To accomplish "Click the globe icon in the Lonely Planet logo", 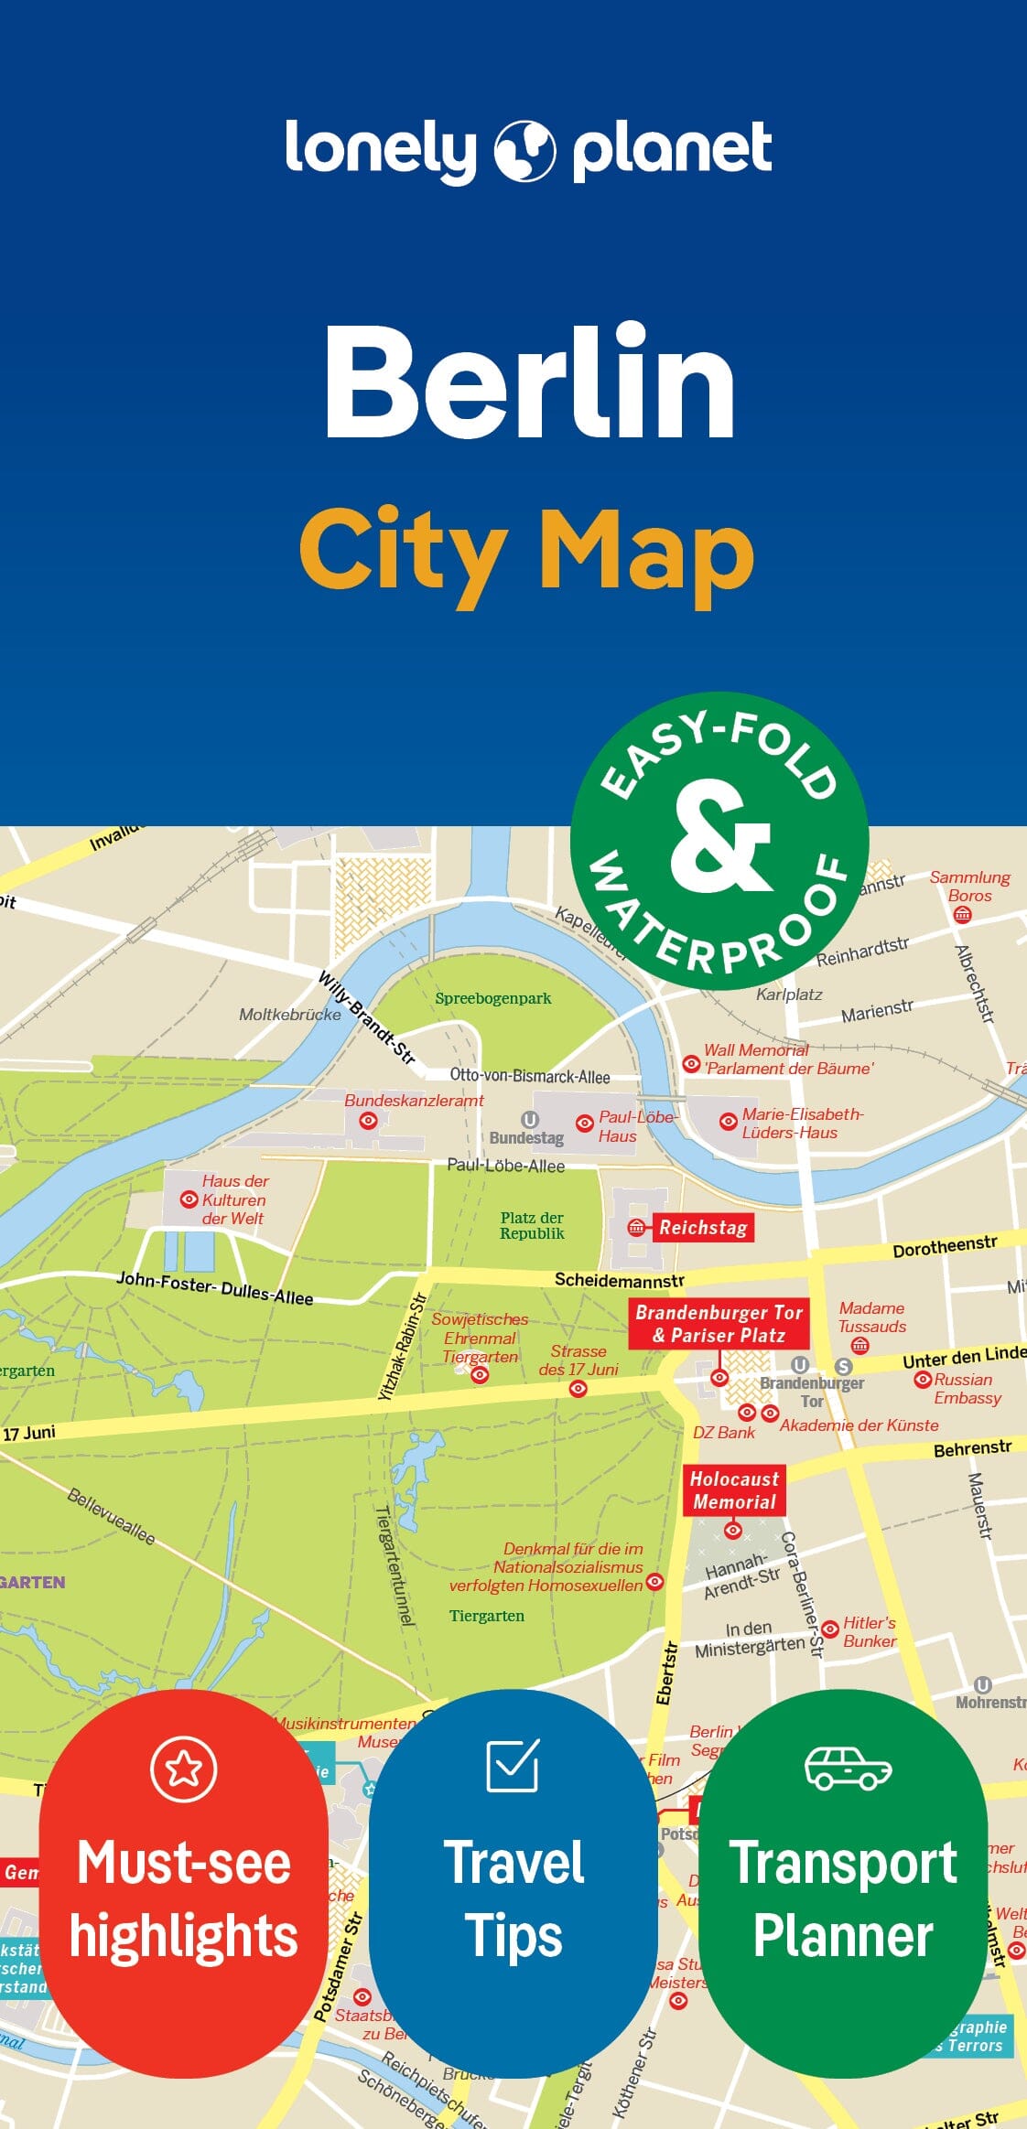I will [x=524, y=151].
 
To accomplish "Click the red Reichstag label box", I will [x=703, y=1228].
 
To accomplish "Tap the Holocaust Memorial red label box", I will [x=734, y=1490].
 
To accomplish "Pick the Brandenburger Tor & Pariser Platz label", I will [x=719, y=1324].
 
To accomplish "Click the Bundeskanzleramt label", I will [x=414, y=1101].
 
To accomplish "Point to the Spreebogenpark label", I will [x=492, y=998].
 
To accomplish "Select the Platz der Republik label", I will [x=532, y=1225].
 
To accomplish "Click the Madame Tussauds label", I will [x=871, y=1317].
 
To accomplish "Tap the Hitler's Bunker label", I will [x=869, y=1631].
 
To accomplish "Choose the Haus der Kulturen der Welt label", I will [x=233, y=1199].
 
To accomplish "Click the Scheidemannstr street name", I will [x=619, y=1279].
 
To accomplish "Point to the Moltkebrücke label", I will [x=289, y=1014].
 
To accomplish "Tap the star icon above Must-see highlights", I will [x=183, y=1769].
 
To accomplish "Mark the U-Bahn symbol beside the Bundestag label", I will [x=529, y=1120].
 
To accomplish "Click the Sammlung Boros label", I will [x=969, y=886].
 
